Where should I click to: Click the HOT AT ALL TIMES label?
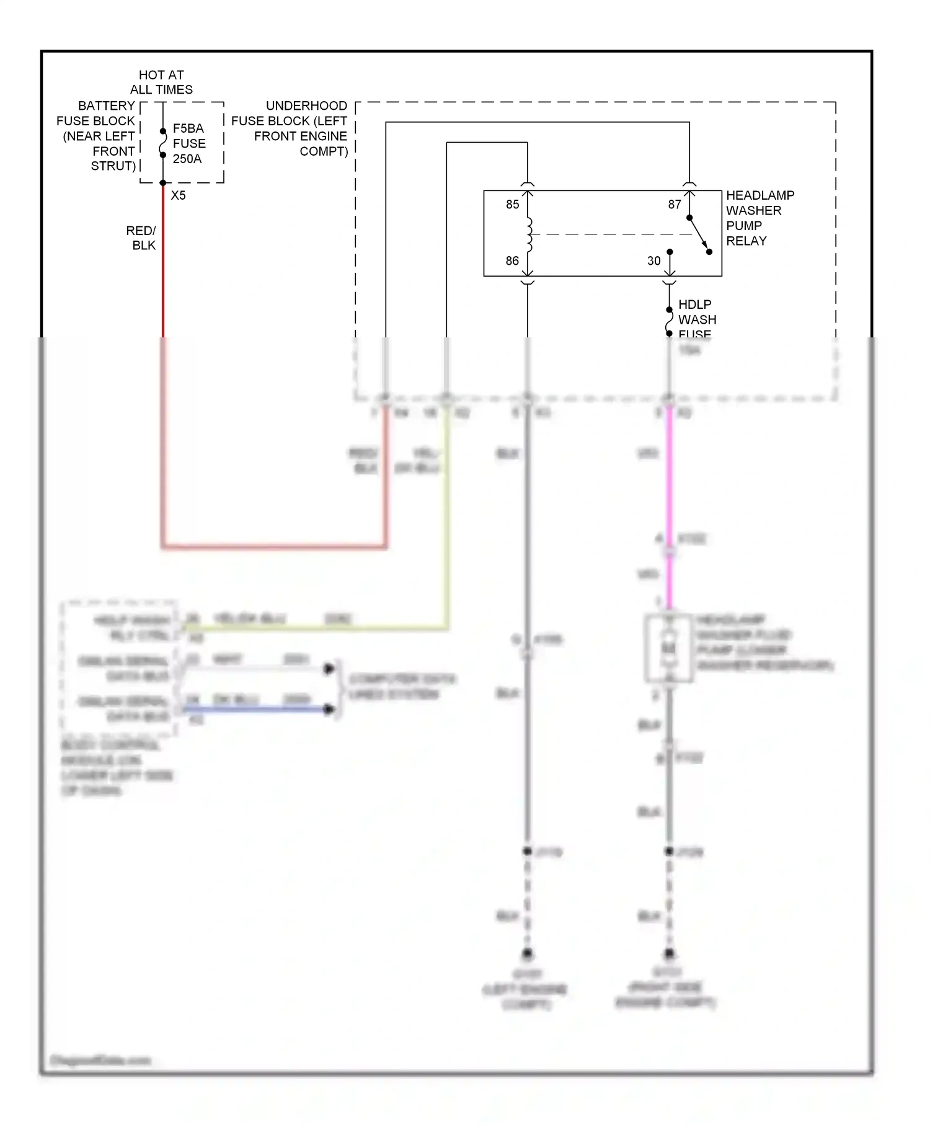[x=161, y=82]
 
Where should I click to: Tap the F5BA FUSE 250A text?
[x=188, y=143]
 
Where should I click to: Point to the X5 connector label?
[x=178, y=195]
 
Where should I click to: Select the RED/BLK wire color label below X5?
[x=142, y=238]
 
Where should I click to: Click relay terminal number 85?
[x=512, y=205]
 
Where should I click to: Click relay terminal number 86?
[x=512, y=261]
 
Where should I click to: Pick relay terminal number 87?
[x=675, y=205]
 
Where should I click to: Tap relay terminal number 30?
[x=654, y=261]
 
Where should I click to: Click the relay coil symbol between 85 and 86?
[x=529, y=234]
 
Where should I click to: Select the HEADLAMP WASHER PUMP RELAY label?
[x=759, y=218]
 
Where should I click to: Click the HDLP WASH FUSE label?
[x=696, y=319]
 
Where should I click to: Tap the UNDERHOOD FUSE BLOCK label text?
[x=290, y=128]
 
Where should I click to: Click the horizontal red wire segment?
[x=273, y=546]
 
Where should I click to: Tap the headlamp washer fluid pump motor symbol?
[x=668, y=649]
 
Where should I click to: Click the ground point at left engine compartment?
[x=527, y=953]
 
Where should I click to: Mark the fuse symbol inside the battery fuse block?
[x=163, y=143]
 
